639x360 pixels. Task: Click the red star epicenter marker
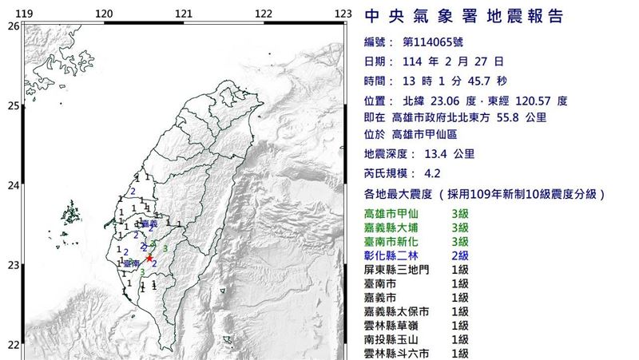click(x=149, y=258)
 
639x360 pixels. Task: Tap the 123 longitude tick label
click(x=343, y=14)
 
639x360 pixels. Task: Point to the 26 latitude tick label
click(x=11, y=26)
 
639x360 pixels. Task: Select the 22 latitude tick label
click(x=11, y=345)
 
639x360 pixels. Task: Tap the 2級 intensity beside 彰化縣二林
click(x=459, y=255)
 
